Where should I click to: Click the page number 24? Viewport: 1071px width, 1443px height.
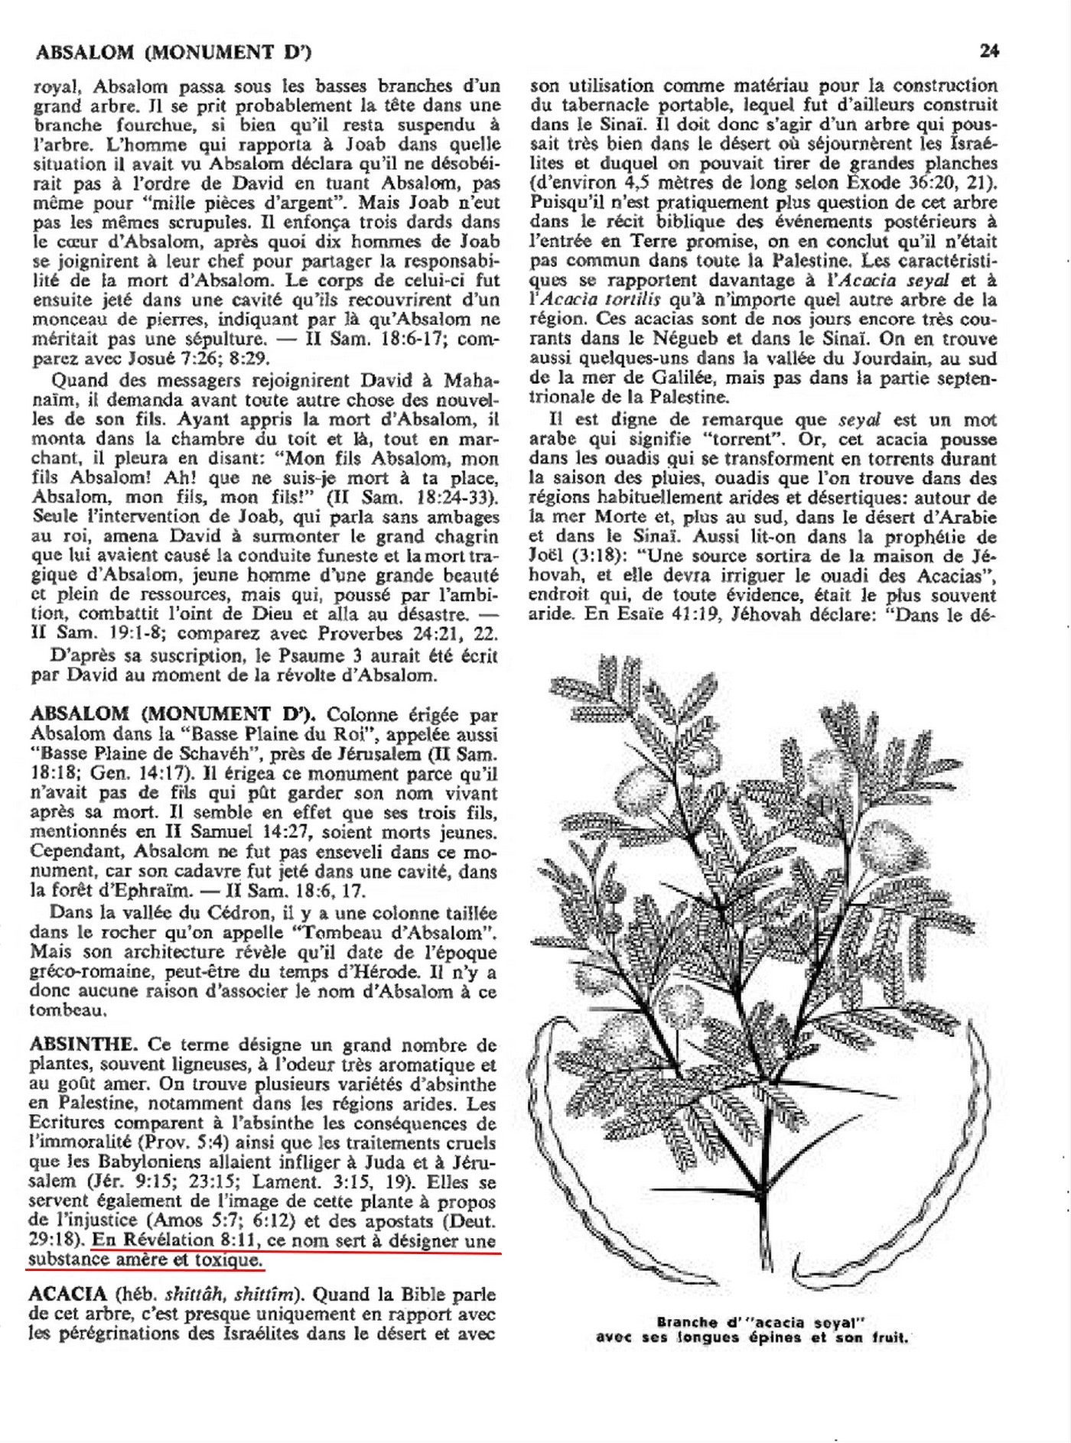pyautogui.click(x=989, y=51)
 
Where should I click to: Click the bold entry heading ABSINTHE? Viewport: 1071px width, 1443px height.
pyautogui.click(x=83, y=1045)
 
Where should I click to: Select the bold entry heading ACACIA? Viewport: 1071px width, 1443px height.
pyautogui.click(x=67, y=1295)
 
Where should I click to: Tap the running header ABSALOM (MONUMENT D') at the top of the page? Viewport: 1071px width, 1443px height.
pyautogui.click(x=174, y=52)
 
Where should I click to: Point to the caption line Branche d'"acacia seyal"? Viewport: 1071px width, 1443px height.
pyautogui.click(x=764, y=1321)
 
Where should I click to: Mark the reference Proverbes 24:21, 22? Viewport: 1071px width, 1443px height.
pyautogui.click(x=408, y=633)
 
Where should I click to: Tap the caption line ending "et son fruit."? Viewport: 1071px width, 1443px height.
pyautogui.click(x=753, y=1338)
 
